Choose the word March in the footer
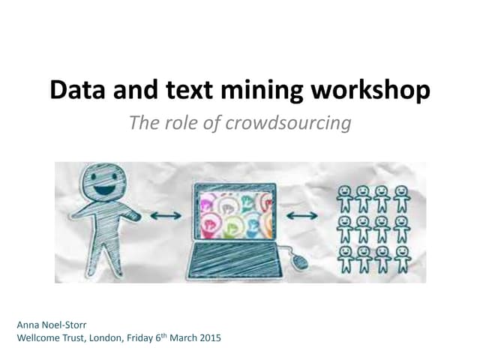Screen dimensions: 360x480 pyautogui.click(x=181, y=337)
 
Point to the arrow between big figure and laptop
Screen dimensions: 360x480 pyautogui.click(x=166, y=216)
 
